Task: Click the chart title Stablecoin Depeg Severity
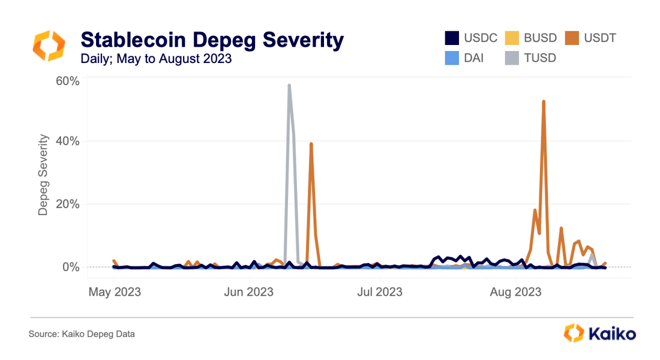pos(212,40)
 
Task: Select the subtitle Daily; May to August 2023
pos(156,59)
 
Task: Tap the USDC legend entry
pos(472,38)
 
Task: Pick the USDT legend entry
pos(591,38)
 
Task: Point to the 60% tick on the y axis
pos(67,80)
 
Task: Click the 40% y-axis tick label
pos(67,142)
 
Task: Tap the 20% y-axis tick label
pos(67,204)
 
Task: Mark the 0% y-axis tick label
pos(70,266)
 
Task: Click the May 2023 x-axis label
pos(114,292)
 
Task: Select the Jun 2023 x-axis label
pos(249,292)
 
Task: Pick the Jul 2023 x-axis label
pos(380,292)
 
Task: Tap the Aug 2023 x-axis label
pos(515,292)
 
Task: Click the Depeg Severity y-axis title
pos(43,175)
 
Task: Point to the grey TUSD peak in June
pos(289,86)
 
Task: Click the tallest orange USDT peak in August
pos(544,101)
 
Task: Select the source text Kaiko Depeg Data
pos(82,334)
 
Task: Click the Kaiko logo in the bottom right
pos(600,334)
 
